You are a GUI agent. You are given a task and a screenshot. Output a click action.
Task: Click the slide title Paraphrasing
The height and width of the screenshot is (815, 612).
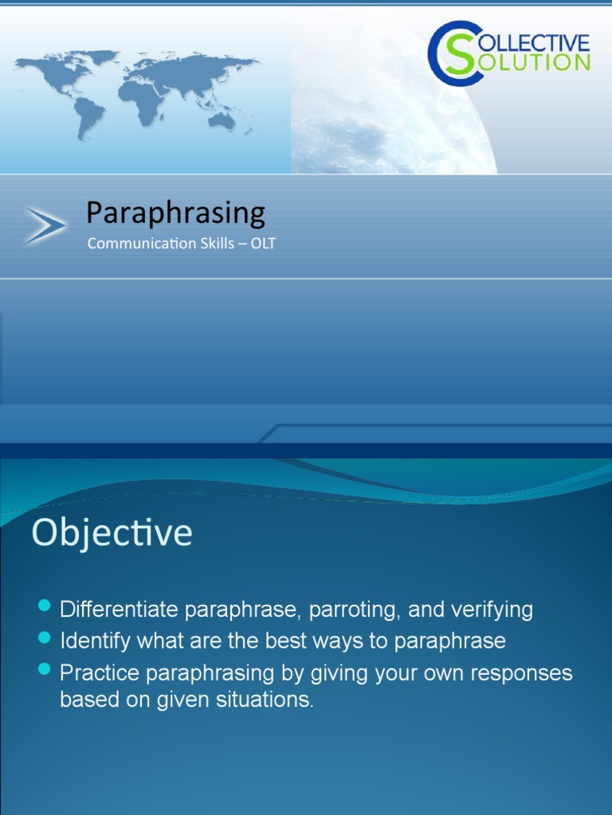point(175,213)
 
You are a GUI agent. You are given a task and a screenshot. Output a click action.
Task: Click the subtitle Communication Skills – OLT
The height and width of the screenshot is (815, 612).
point(181,244)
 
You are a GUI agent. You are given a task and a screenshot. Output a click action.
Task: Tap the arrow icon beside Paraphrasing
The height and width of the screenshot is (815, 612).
point(45,225)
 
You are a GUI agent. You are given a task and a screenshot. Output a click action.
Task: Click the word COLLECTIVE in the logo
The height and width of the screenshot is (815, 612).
point(535,41)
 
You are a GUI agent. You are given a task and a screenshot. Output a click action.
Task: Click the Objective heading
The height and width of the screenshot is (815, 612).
point(112,533)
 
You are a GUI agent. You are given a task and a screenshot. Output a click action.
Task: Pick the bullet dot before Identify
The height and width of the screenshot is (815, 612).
point(45,639)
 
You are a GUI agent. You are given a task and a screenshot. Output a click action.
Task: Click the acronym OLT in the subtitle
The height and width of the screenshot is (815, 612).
point(262,244)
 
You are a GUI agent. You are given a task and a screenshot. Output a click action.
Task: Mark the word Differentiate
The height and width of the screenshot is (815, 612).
point(120,610)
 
